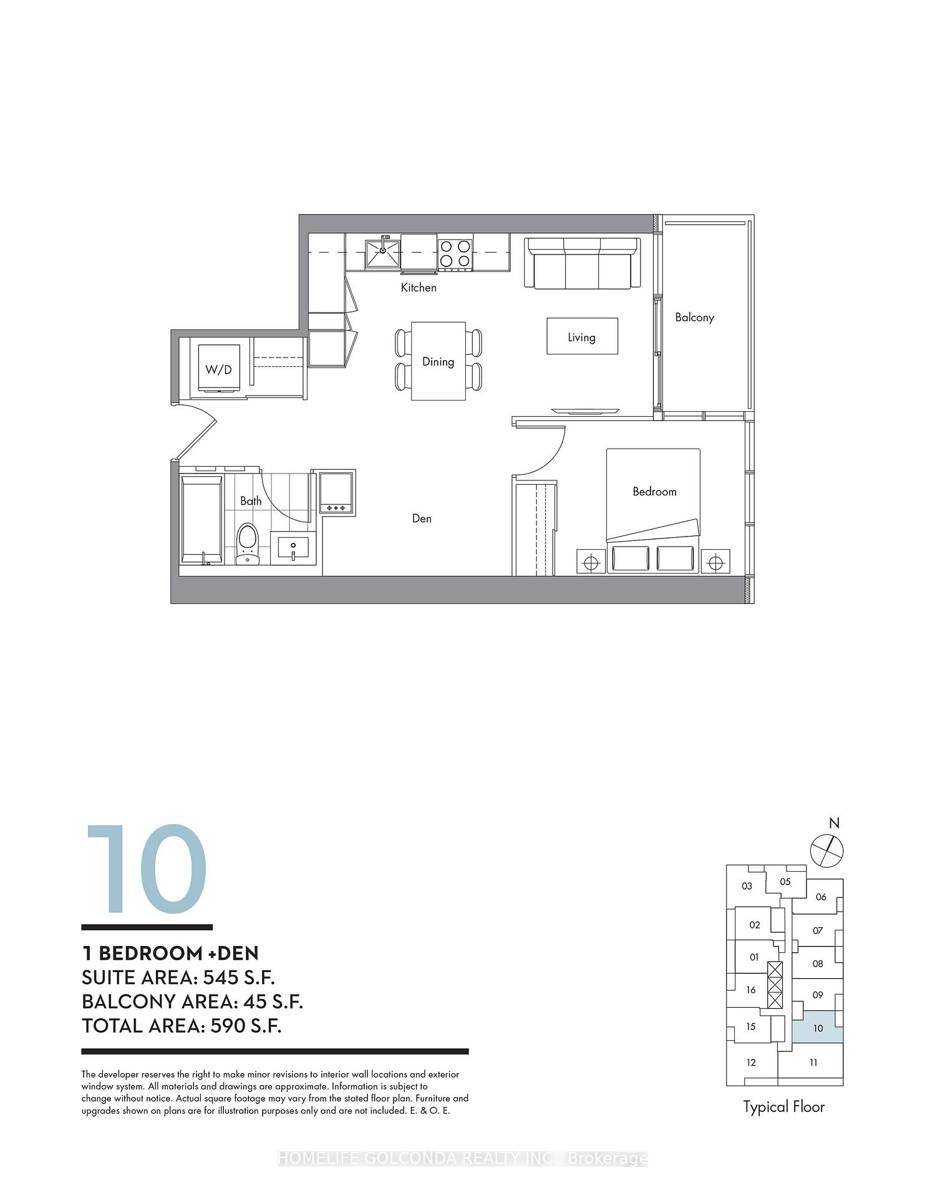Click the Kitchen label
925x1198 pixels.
[x=419, y=288]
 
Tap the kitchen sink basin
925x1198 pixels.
[x=382, y=253]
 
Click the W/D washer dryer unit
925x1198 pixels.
[x=219, y=368]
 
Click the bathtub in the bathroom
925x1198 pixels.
[x=201, y=520]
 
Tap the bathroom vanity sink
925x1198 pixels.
[x=293, y=547]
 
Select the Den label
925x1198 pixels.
[x=422, y=519]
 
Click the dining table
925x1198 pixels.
[x=438, y=361]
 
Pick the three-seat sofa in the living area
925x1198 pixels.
[x=582, y=263]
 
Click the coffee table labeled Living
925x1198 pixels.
[x=583, y=336]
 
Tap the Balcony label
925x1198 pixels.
[x=695, y=318]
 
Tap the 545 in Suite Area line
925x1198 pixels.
[x=221, y=978]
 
